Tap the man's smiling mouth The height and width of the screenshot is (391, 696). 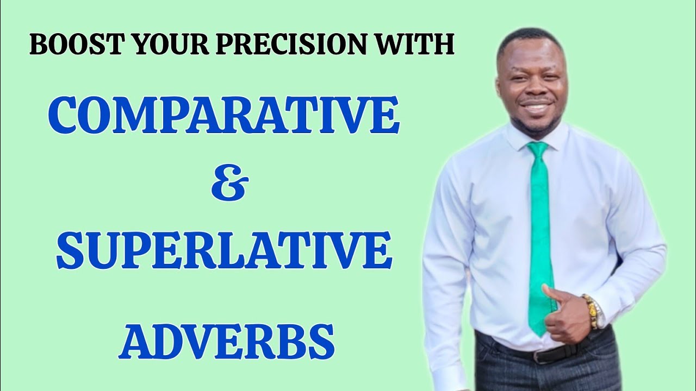point(535,105)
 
